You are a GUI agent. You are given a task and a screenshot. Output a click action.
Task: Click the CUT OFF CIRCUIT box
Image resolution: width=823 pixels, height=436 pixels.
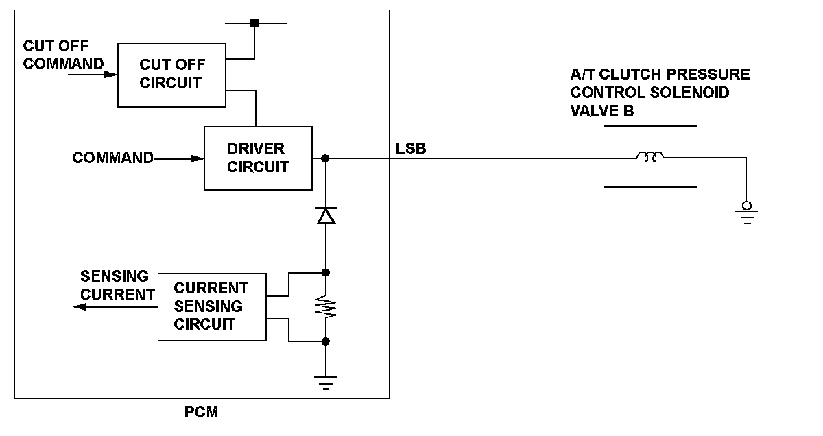click(x=171, y=74)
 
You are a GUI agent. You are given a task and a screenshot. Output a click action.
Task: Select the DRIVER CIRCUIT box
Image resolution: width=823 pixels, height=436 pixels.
click(x=258, y=158)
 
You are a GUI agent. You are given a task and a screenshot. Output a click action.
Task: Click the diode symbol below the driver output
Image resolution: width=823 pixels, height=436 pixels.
click(x=326, y=216)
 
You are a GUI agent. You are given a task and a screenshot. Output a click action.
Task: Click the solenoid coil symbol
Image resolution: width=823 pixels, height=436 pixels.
click(x=650, y=158)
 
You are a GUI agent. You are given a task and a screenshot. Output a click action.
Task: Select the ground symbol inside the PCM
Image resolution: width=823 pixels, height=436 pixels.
click(x=326, y=383)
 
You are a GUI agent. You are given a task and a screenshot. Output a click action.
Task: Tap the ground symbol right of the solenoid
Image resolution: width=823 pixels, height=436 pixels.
click(x=746, y=213)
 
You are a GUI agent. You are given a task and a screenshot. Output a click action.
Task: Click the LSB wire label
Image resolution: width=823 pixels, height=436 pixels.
click(x=411, y=147)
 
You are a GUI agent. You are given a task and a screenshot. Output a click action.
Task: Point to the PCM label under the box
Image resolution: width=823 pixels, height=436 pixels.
click(x=202, y=413)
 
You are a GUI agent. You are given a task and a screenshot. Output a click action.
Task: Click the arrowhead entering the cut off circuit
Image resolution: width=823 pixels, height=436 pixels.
click(x=112, y=74)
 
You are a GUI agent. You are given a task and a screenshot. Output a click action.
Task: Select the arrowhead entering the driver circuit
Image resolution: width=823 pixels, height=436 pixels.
click(x=198, y=158)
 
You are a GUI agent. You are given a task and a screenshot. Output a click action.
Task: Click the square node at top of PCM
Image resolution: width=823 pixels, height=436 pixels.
click(x=254, y=23)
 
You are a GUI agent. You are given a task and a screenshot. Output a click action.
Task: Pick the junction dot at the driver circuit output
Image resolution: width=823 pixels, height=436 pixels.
click(x=325, y=158)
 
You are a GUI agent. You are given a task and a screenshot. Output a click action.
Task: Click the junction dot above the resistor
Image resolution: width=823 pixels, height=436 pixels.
click(x=326, y=272)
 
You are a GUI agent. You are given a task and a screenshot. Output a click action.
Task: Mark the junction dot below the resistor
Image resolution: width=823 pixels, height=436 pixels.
click(x=326, y=341)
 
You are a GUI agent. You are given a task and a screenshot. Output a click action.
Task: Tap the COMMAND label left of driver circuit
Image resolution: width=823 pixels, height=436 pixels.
click(x=113, y=158)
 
